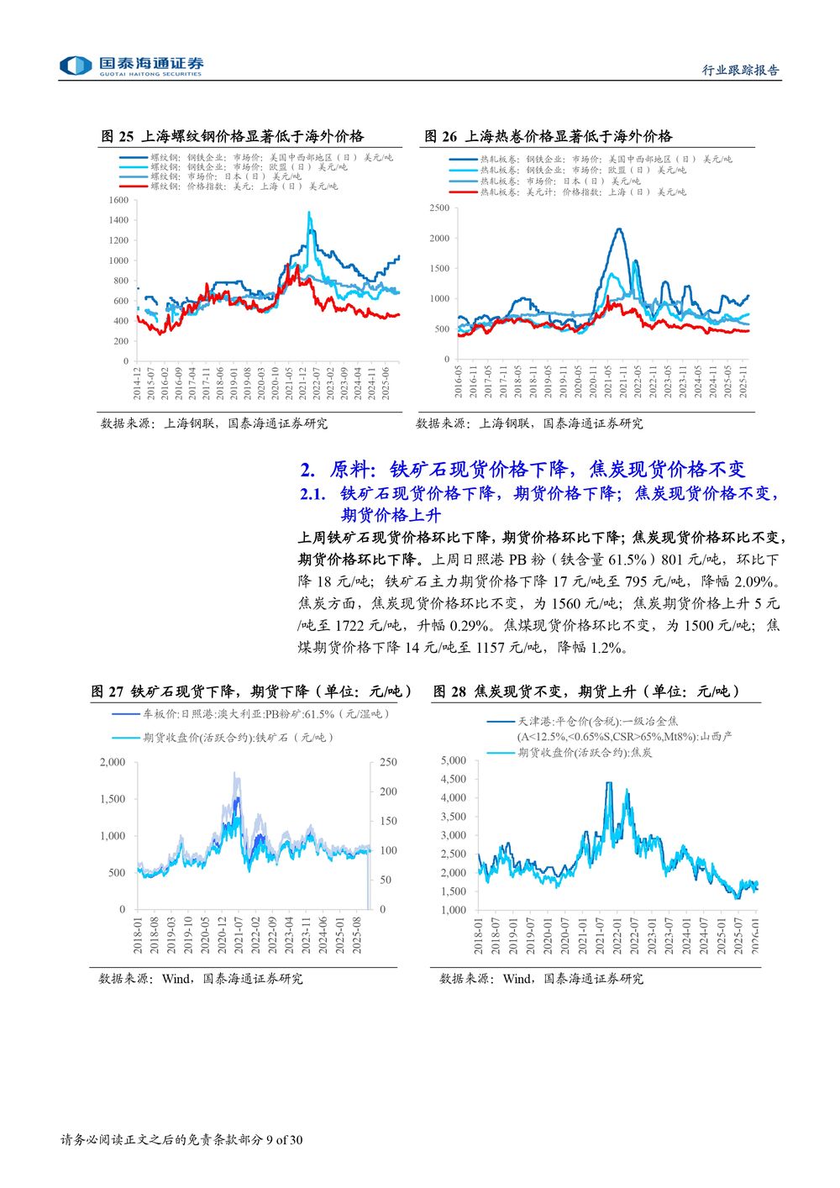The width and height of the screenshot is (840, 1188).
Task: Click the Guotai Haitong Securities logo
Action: (131, 66)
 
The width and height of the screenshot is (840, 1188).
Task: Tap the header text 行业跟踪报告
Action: (740, 71)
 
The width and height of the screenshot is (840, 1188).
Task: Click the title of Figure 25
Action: (232, 136)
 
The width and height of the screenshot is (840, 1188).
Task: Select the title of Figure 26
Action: (548, 136)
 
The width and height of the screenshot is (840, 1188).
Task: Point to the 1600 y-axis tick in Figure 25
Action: (118, 200)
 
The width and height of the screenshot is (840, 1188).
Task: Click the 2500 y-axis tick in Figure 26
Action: (439, 208)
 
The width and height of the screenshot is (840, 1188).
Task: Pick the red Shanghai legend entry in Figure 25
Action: (244, 187)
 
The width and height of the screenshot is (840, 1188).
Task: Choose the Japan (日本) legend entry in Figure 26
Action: (559, 181)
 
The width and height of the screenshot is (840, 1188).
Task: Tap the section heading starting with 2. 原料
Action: (522, 470)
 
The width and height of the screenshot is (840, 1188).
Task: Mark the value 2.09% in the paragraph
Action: (758, 581)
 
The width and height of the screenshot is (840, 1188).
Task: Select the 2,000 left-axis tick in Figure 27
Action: (112, 762)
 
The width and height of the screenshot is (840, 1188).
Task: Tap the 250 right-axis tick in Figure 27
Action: (388, 762)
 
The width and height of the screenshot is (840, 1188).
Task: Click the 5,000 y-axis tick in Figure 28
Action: (453, 760)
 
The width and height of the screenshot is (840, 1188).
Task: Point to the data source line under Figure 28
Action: (541, 979)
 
